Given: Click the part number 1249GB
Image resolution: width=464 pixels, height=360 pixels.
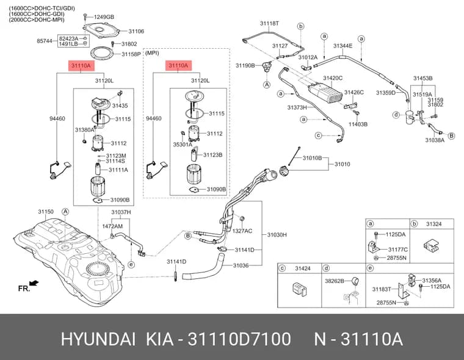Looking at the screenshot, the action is click(x=104, y=17).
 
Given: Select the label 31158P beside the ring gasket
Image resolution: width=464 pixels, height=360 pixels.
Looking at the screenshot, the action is click(x=131, y=54).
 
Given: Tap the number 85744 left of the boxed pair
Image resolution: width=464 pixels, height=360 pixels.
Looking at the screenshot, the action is click(x=45, y=41).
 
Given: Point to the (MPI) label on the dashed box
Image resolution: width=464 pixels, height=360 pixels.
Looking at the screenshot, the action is click(x=152, y=53).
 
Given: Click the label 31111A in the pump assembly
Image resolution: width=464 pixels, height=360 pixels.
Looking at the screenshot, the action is click(x=118, y=170).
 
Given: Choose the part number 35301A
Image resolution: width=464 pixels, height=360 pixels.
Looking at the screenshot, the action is click(x=183, y=145).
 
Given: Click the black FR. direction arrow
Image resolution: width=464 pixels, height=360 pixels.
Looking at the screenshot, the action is click(x=34, y=283).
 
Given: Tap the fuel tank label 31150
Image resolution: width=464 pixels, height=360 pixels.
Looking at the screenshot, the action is click(x=46, y=212).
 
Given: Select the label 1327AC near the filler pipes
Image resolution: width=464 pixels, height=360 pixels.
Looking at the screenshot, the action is click(x=242, y=231).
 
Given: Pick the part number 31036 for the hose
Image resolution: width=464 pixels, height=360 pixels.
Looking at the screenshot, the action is click(x=241, y=265).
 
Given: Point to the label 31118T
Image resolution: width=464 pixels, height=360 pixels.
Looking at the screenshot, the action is click(x=269, y=23).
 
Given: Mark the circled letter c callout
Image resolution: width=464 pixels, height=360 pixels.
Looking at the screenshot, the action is click(x=318, y=135).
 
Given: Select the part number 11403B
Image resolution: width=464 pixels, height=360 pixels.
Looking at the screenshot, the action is click(x=358, y=124).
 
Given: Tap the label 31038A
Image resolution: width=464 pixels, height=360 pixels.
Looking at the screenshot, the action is click(x=435, y=140).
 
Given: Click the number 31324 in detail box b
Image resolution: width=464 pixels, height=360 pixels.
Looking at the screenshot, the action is click(x=434, y=224).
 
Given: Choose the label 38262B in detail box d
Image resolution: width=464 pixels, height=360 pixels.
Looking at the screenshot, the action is click(x=335, y=281).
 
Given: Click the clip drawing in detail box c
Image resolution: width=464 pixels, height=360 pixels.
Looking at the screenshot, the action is click(x=300, y=289).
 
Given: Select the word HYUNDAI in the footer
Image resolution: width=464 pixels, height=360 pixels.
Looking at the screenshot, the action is click(x=98, y=339).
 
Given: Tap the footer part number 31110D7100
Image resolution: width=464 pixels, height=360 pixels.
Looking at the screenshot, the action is click(x=239, y=339).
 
